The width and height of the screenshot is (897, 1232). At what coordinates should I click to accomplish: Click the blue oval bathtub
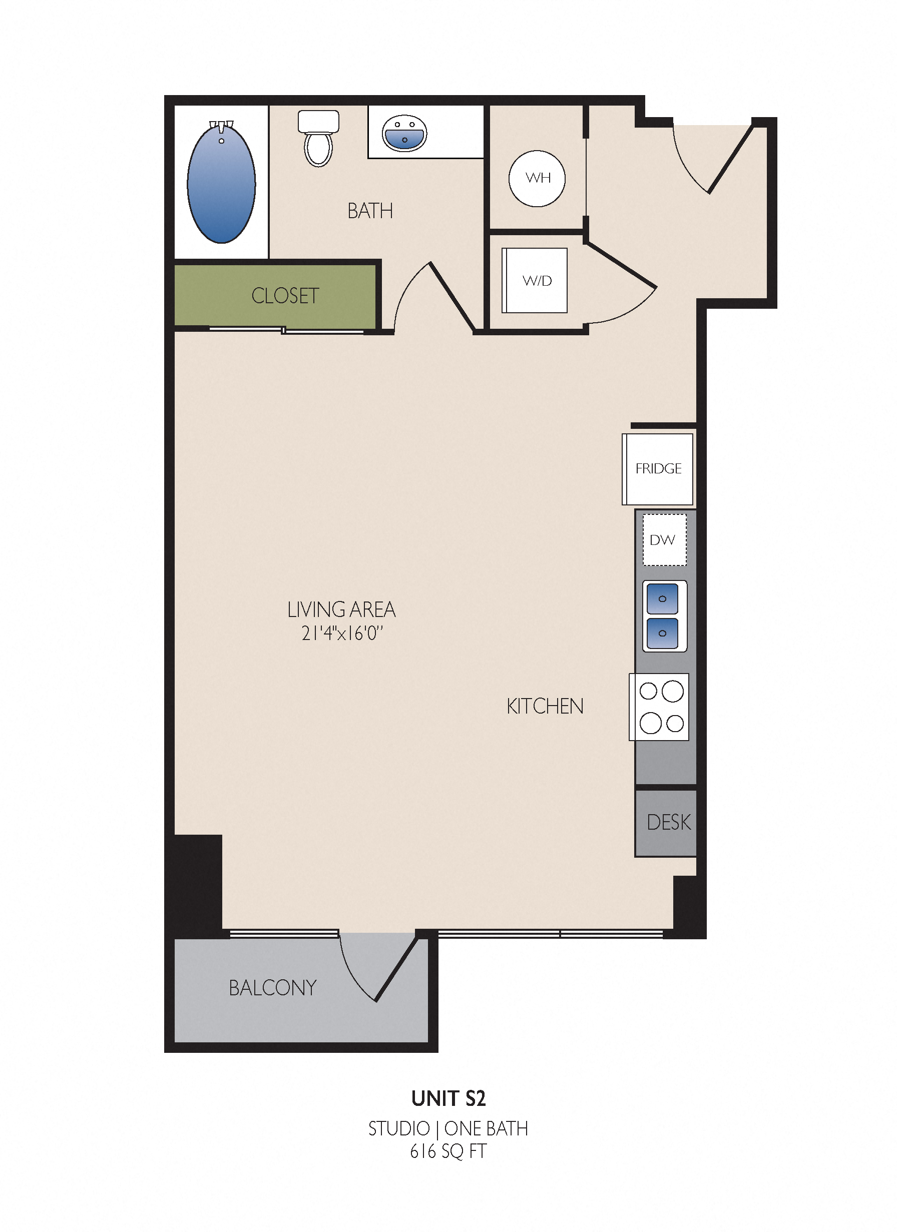click(221, 183)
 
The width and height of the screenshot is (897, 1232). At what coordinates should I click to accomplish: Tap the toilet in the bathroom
click(318, 139)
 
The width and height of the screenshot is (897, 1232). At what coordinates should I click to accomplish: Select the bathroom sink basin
click(404, 133)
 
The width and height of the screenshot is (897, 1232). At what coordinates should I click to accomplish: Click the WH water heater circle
click(537, 178)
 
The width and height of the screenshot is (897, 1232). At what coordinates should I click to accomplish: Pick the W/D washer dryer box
click(535, 280)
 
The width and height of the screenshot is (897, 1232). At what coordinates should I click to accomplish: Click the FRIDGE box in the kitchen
click(657, 469)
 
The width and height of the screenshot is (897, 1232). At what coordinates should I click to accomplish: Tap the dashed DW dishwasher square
click(664, 540)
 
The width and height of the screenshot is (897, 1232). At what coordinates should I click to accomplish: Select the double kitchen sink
click(664, 616)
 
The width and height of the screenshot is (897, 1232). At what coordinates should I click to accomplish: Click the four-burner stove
click(659, 707)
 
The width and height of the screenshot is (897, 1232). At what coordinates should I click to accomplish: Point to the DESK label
click(669, 822)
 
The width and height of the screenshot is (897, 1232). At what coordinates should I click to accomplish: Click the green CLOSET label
click(285, 296)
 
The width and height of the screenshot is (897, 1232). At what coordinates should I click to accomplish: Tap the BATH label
click(370, 211)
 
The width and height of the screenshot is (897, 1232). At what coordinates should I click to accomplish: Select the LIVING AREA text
click(341, 609)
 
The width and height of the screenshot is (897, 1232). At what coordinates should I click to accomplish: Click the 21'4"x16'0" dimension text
click(342, 634)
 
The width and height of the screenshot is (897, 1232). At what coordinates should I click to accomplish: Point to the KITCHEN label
click(545, 706)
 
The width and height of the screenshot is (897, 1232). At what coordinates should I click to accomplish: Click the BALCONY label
click(273, 988)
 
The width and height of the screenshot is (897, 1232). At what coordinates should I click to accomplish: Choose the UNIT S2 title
click(448, 1098)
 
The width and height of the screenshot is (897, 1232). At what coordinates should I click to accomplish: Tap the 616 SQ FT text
click(448, 1151)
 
